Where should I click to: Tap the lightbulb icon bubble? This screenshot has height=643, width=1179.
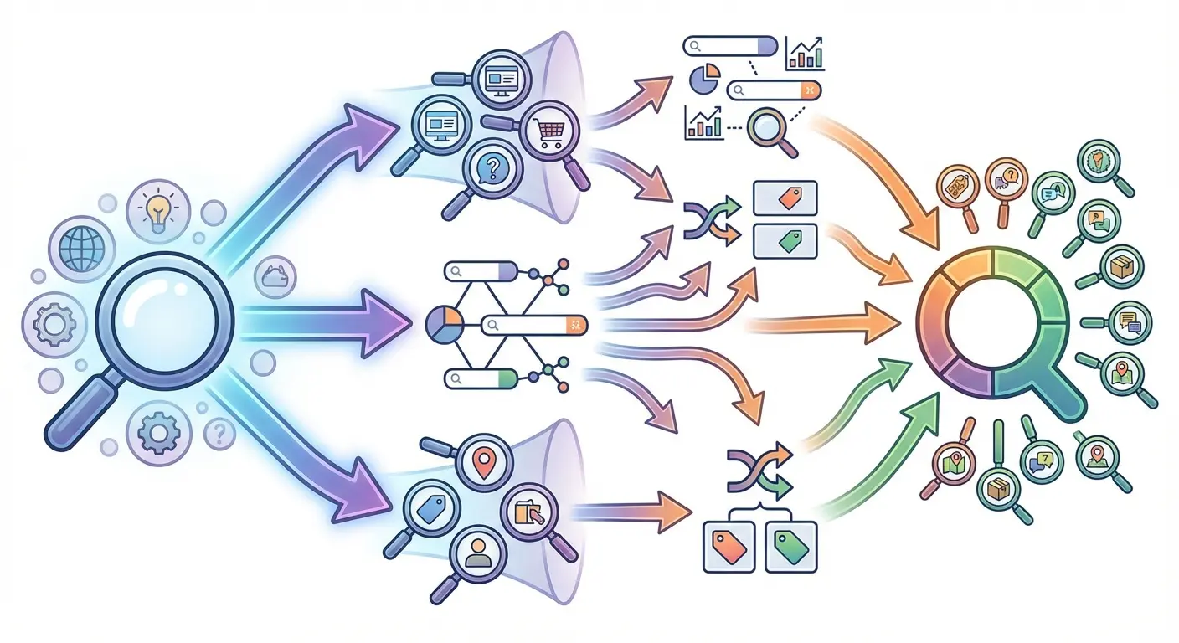pyautogui.click(x=153, y=209)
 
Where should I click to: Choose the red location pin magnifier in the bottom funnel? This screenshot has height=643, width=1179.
pyautogui.click(x=482, y=462)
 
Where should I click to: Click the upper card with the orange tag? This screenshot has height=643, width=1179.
pyautogui.click(x=785, y=198)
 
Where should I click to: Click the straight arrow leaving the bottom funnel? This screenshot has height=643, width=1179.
pyautogui.click(x=636, y=510)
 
